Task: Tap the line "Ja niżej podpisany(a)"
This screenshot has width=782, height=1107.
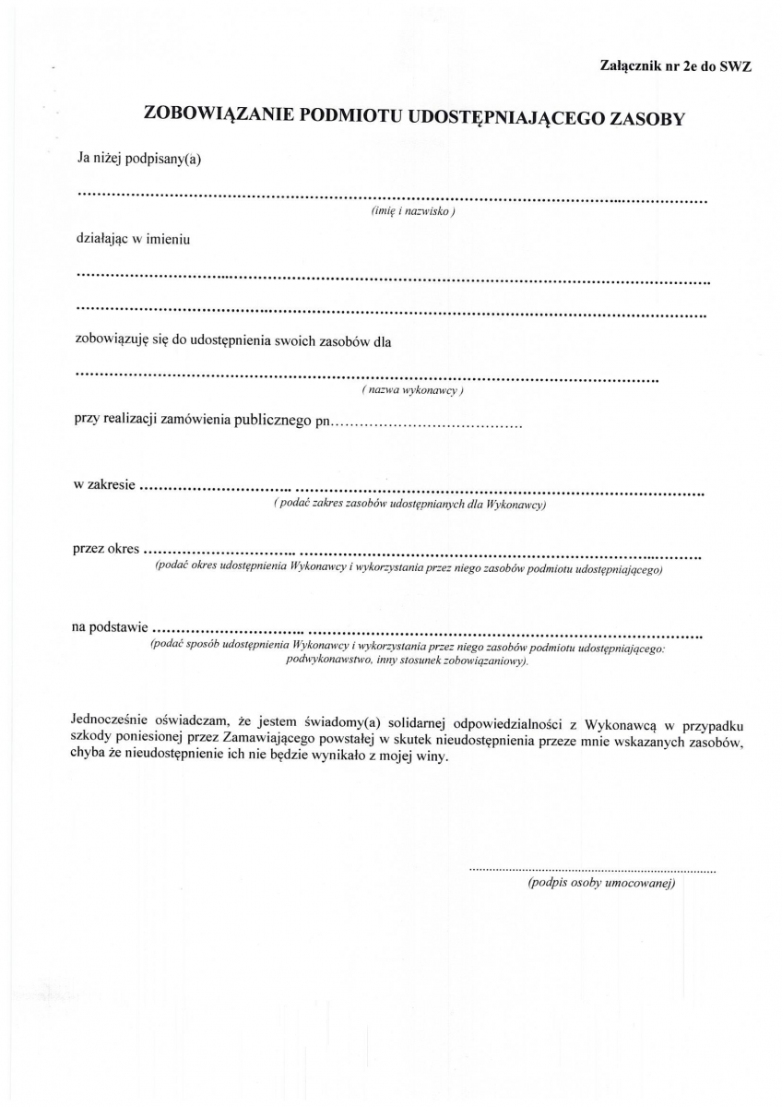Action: coord(138,159)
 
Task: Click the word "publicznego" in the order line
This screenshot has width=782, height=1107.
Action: coord(265,423)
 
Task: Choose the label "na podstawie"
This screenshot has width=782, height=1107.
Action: coord(109,627)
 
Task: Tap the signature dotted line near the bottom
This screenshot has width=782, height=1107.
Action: coord(592,870)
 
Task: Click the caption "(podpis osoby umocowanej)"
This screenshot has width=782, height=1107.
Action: coord(602,884)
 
